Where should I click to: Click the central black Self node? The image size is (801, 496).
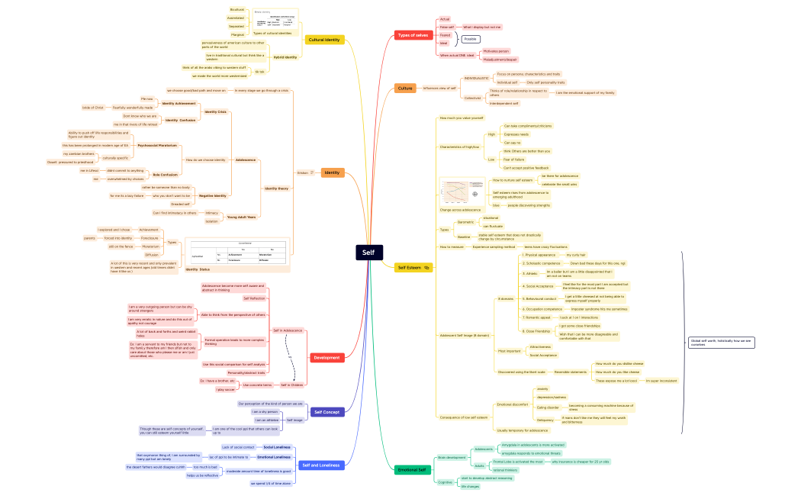tap(368, 253)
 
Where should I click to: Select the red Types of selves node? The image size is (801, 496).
tap(413, 35)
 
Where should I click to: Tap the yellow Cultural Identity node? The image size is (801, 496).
tap(324, 40)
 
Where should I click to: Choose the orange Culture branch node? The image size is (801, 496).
tap(405, 89)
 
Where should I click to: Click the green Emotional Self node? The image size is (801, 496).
tap(412, 469)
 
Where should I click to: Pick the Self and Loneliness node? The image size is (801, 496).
tap(320, 465)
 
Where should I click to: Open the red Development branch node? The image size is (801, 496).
tap(327, 357)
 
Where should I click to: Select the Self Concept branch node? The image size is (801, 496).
tap(327, 412)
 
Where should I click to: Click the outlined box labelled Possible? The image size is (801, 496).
tap(471, 38)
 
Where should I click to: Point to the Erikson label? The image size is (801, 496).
tap(303, 173)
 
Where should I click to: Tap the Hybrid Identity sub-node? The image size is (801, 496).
tap(285, 57)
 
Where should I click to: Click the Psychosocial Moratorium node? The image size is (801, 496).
tap(157, 145)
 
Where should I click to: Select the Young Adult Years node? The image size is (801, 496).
tap(241, 217)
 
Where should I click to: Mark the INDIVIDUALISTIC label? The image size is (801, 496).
tap(476, 78)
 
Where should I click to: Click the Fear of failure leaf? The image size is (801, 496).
tap(513, 159)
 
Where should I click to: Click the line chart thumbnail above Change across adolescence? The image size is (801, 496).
tap(462, 192)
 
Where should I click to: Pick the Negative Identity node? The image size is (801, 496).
tap(212, 195)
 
